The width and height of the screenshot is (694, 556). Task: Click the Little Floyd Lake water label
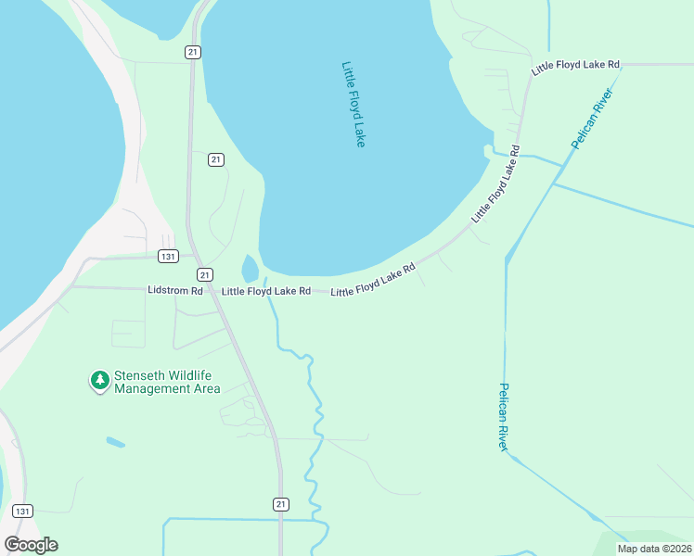353,104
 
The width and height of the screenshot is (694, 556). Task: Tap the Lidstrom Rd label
174,290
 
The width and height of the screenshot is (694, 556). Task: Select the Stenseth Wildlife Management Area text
167,382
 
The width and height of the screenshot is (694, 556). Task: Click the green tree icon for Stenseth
99,380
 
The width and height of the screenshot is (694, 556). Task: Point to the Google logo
31,545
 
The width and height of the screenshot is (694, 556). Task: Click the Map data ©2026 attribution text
654,549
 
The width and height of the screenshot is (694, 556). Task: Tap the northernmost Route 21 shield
192,52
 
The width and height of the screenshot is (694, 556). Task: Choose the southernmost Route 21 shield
281,503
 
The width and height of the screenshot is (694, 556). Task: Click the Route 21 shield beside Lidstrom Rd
204,274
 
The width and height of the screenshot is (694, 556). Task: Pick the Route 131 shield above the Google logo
23,511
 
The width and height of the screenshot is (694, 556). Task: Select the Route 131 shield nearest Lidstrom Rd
168,257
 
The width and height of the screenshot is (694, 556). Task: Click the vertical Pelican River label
504,416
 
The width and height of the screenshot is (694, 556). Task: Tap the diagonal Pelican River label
591,120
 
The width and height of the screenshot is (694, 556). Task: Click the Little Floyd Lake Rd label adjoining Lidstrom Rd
265,291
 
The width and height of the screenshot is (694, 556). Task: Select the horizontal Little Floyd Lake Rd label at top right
574,65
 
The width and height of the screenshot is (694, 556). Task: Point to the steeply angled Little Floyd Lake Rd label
495,183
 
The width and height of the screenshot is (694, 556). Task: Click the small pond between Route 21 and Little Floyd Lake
250,269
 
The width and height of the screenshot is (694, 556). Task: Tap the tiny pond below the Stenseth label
115,442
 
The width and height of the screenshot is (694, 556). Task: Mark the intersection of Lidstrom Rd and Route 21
212,289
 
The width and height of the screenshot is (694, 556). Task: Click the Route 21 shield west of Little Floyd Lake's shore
215,159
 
